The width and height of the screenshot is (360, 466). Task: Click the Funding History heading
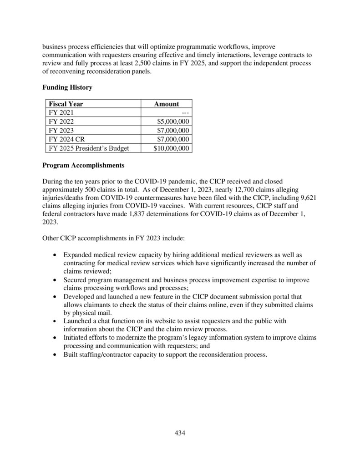pos(67,87)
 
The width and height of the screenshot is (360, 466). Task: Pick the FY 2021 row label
pos(61,112)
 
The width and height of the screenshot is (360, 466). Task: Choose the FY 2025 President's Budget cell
pos(89,148)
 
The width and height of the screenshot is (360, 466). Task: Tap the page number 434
pos(180,433)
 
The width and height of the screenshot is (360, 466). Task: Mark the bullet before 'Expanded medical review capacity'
pos(55,255)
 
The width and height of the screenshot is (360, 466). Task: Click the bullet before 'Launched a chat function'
pos(55,321)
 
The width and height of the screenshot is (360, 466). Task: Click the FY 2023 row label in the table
pos(61,130)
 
